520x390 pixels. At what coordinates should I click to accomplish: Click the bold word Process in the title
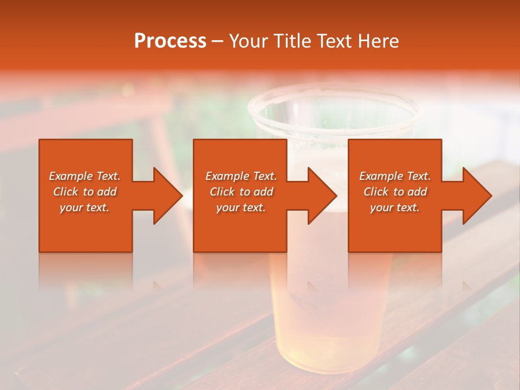pos(170,41)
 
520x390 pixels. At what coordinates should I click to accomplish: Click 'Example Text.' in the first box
pos(85,176)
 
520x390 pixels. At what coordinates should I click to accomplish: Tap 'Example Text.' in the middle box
pos(241,176)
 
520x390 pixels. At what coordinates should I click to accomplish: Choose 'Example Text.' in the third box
pos(395,176)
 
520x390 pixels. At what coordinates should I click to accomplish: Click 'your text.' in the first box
pos(84,207)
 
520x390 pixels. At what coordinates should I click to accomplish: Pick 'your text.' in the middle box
pos(241,207)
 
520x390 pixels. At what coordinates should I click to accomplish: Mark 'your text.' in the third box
pos(395,207)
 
